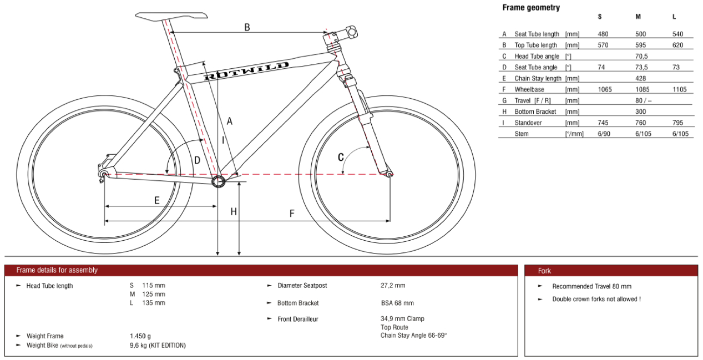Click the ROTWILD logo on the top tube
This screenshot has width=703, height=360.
(246, 71)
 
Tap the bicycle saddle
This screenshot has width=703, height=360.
(171, 16)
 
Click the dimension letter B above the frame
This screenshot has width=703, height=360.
(247, 27)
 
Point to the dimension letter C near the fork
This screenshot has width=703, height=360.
(341, 157)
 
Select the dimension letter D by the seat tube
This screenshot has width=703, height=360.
(197, 160)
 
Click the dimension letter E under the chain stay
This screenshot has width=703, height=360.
(157, 200)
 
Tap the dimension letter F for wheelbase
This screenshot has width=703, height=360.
(292, 214)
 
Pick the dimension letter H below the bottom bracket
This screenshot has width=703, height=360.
(234, 211)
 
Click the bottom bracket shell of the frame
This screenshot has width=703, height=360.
(219, 181)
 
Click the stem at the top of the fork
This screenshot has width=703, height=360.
(343, 34)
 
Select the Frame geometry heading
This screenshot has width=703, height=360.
(531, 8)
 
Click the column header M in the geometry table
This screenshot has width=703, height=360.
(638, 17)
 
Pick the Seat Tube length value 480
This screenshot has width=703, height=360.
(603, 34)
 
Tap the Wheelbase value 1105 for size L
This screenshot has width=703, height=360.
(680, 89)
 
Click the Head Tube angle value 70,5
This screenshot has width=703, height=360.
(641, 56)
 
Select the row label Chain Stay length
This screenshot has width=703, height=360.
(538, 78)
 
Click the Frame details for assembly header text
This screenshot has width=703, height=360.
(57, 270)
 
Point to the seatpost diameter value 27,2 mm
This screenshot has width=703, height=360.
(393, 286)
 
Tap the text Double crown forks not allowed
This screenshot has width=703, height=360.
(596, 299)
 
